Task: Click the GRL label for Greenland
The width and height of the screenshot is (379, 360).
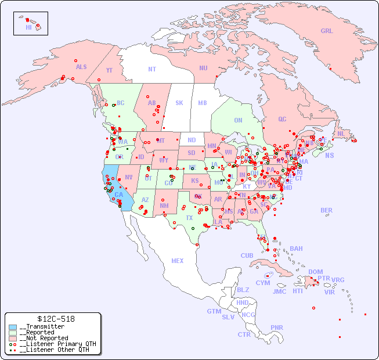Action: pos(327,31)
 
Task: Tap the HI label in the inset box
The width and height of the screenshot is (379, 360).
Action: pos(28,27)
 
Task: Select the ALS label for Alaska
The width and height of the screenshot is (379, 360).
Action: pos(81,67)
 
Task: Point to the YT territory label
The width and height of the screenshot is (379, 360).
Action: pos(109,70)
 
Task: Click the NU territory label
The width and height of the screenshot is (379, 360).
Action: pos(203,69)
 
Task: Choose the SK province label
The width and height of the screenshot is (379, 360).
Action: pos(179,103)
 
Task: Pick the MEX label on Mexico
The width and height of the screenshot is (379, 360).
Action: pos(178,261)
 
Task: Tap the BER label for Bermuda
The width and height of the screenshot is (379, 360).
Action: pos(327,211)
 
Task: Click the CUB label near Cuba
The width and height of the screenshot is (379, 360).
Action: pos(247,256)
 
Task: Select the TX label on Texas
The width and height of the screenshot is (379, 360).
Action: pos(189,218)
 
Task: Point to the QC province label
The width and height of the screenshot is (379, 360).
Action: pos(282,120)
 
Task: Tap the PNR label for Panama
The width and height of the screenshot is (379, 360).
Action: pos(277,327)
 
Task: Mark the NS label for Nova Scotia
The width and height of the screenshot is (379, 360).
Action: pos(330,156)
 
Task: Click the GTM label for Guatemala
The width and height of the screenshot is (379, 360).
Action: pos(214,312)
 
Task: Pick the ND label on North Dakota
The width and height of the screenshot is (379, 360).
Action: pos(192,141)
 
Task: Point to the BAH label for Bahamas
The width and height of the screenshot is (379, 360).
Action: pos(296,249)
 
